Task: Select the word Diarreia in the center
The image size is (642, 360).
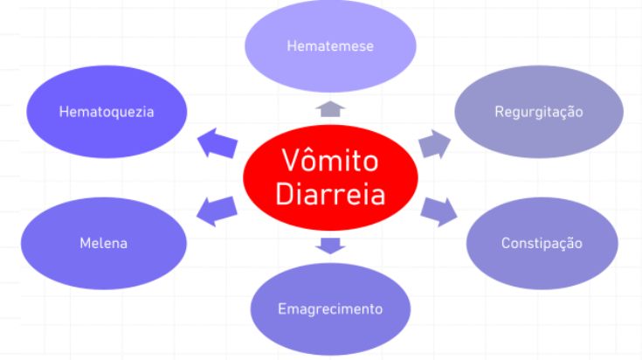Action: click(330, 193)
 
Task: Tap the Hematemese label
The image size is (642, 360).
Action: click(330, 45)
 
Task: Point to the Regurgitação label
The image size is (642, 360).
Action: click(539, 112)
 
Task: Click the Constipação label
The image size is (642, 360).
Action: click(542, 243)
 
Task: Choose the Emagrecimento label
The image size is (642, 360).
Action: click(330, 308)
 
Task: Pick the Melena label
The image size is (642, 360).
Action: click(104, 243)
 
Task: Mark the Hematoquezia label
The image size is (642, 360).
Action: click(107, 112)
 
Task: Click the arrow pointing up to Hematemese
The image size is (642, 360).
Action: click(330, 108)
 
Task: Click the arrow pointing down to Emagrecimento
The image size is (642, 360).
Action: click(330, 245)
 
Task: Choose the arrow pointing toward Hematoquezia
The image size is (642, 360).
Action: click(217, 142)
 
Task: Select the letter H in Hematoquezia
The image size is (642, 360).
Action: click(64, 112)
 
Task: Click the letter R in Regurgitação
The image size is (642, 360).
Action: click(499, 112)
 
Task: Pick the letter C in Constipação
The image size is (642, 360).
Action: click(506, 243)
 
